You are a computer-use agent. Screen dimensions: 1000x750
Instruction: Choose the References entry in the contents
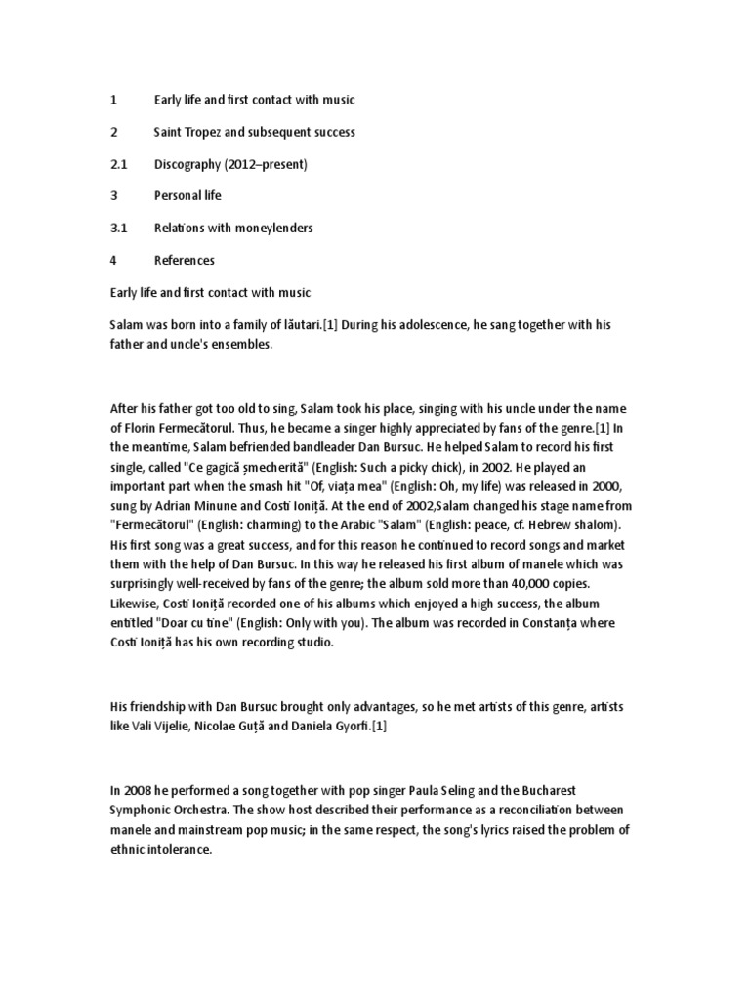184,260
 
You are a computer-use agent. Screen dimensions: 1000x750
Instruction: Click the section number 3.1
118,228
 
